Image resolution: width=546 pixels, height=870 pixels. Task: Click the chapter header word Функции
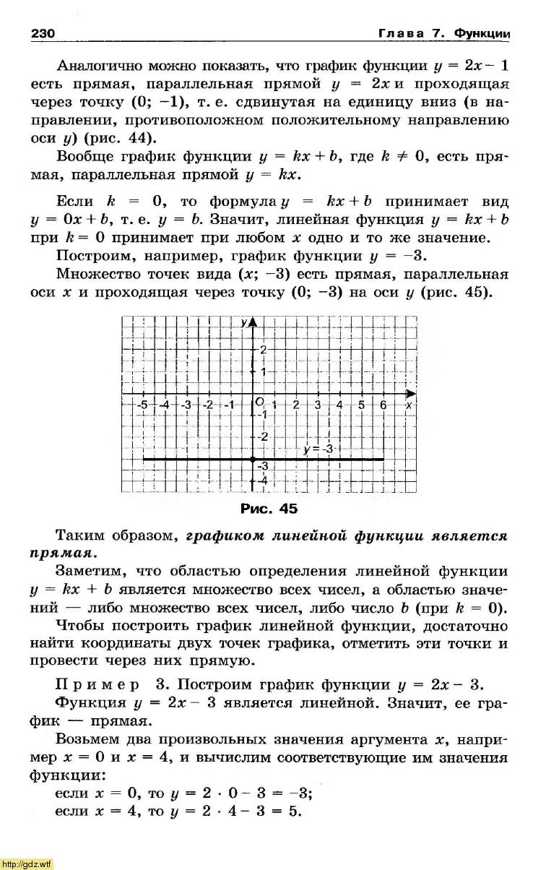[x=482, y=34]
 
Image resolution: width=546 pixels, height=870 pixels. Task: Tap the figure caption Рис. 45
[x=268, y=509]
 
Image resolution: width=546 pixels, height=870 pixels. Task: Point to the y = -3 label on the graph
[x=318, y=449]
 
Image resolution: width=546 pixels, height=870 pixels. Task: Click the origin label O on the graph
[x=259, y=401]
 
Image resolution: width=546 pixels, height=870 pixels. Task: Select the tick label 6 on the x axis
[x=383, y=405]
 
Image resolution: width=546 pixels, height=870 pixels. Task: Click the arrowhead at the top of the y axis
[x=252, y=322]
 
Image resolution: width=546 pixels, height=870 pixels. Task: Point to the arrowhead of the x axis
[x=410, y=394]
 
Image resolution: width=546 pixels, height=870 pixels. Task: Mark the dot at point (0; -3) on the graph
[x=252, y=460]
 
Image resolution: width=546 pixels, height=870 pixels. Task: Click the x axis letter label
[x=409, y=405]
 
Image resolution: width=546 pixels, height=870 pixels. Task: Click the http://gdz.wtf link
[x=27, y=863]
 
